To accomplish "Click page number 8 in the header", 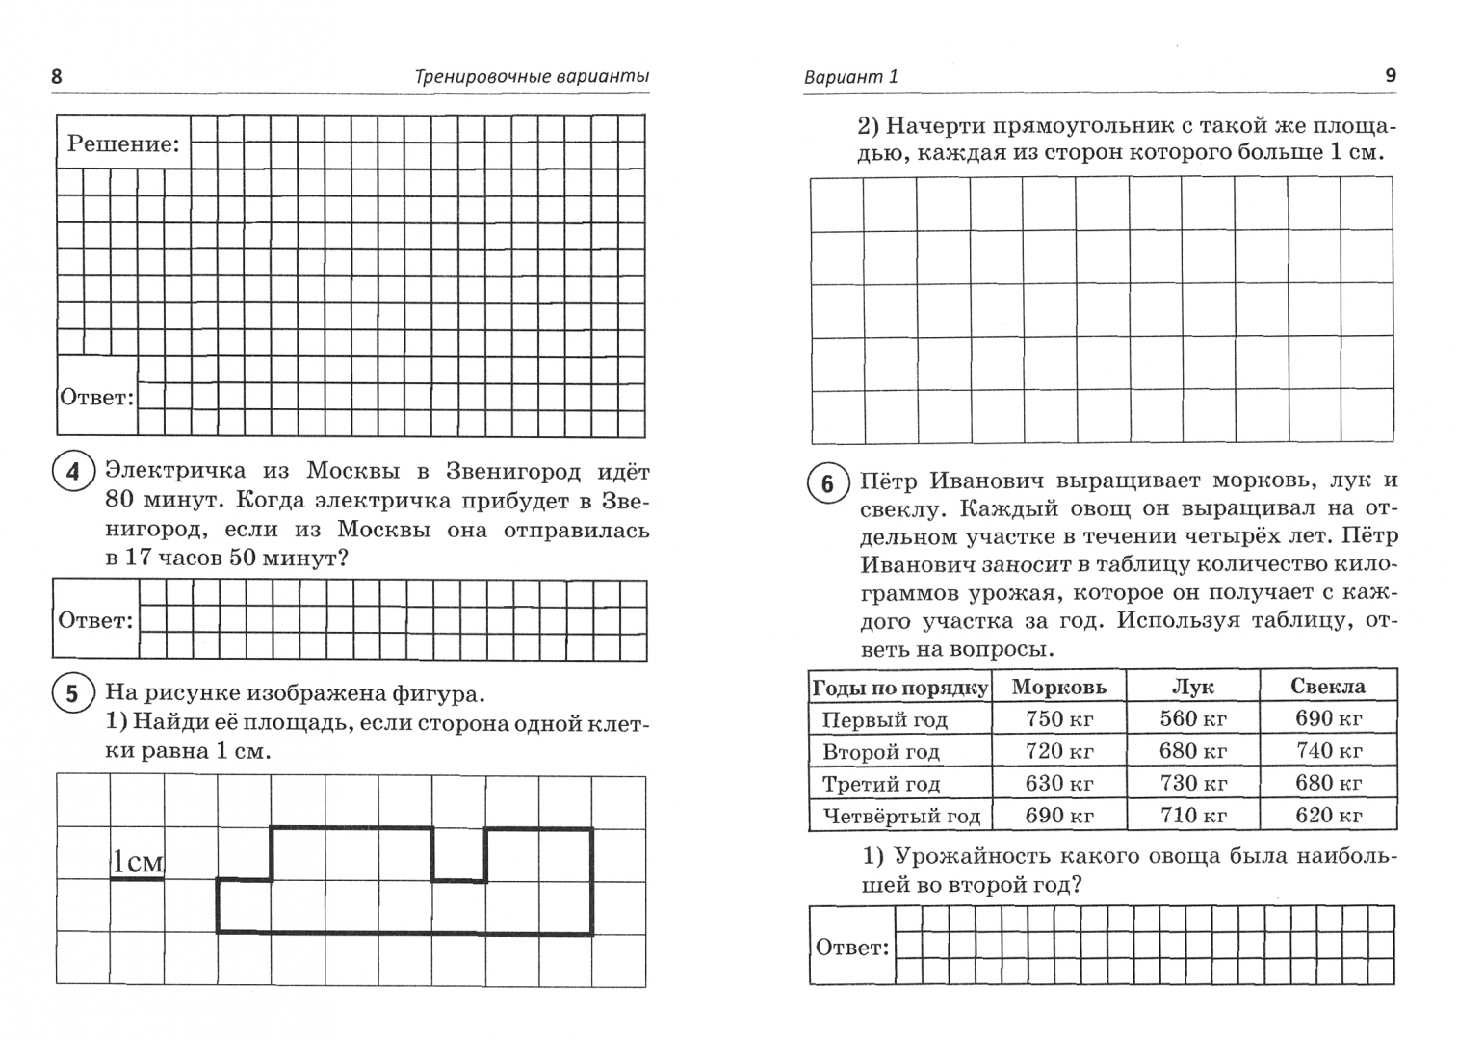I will (x=56, y=76).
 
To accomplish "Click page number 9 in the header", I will (x=1390, y=75).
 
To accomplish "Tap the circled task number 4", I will (x=72, y=473).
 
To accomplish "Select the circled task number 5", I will (x=72, y=693).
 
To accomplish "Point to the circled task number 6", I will (x=827, y=483).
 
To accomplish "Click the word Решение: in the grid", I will (x=123, y=144).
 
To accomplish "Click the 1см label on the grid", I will (x=138, y=862).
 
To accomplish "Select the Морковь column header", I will (x=1058, y=687).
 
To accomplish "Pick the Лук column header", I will (x=1192, y=687).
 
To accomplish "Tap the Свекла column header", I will (x=1327, y=686).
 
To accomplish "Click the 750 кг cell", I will (x=1058, y=718).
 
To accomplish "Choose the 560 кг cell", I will (x=1192, y=718).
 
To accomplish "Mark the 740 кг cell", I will (x=1327, y=750).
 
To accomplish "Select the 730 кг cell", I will (x=1192, y=783).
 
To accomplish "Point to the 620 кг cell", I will (x=1327, y=816).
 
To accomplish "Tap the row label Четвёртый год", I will (x=900, y=817).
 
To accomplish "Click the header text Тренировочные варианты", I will (x=532, y=76).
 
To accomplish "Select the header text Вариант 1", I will (x=850, y=77).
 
